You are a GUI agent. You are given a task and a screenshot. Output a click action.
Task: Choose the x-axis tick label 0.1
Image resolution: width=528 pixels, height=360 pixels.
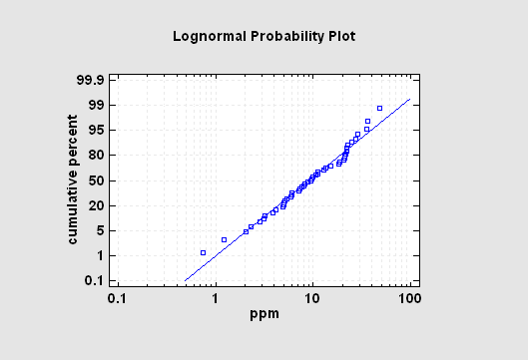tap(118, 299)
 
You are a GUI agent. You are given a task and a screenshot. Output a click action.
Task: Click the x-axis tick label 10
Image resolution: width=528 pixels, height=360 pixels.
tap(312, 299)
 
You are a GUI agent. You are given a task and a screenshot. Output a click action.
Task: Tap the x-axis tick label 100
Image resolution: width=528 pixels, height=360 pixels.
tap(409, 299)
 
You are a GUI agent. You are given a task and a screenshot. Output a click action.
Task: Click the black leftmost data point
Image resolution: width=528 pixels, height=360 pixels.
tap(203, 253)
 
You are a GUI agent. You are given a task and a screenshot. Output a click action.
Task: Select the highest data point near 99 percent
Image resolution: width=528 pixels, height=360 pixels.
tap(379, 108)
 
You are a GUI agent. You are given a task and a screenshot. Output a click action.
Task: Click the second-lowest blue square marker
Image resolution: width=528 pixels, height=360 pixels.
tap(224, 239)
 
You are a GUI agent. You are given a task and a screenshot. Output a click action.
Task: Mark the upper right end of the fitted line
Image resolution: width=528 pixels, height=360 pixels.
tap(410, 99)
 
